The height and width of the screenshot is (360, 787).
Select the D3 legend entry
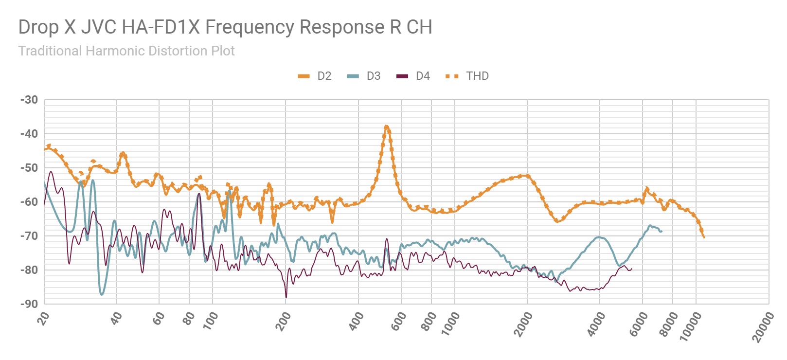pos(364,76)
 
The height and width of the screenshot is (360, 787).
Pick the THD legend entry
pos(467,76)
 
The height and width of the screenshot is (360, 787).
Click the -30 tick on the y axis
pos(29,100)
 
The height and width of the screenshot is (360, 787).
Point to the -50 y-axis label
pos(29,168)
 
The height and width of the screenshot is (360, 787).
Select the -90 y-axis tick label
pos(29,304)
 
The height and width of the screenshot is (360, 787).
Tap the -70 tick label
pos(29,236)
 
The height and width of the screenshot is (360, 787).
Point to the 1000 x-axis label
pos(450,324)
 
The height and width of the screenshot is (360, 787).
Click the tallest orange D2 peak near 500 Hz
pos(387,126)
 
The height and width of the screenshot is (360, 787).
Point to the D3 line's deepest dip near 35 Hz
pos(102,294)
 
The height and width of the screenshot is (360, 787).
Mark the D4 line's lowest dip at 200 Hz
pos(286,297)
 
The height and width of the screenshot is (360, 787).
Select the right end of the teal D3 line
pos(662,231)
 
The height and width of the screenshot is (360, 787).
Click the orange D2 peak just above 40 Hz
pos(123,153)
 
